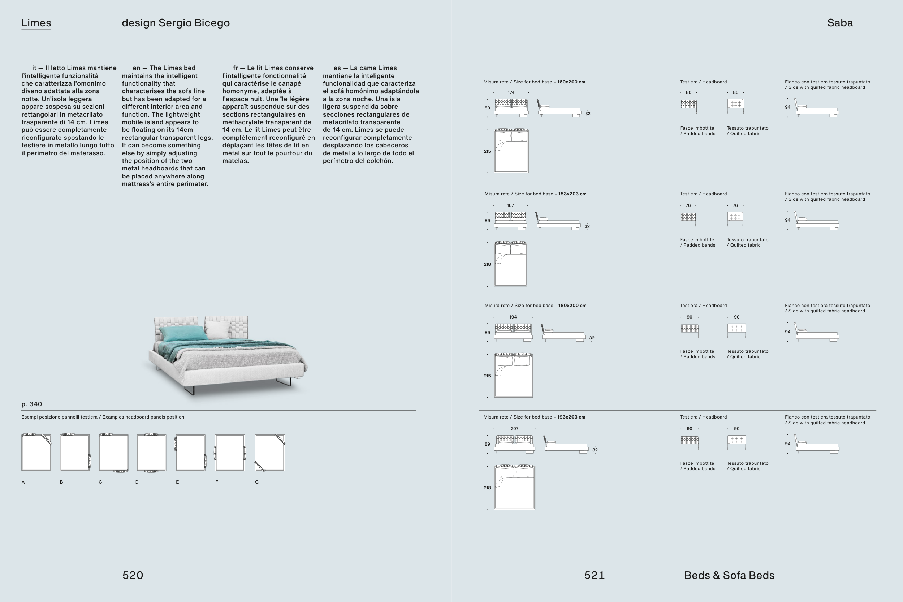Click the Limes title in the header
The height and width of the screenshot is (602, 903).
36,23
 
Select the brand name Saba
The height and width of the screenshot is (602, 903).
840,23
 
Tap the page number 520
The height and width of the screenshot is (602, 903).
133,575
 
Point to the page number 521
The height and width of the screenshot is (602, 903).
594,575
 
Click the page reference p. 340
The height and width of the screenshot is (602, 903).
31,404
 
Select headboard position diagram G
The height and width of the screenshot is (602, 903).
270,452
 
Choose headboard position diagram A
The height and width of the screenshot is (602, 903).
36,452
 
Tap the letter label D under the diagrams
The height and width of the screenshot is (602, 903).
137,482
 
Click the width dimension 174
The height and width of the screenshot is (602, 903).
511,92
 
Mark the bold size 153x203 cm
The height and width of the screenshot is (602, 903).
572,194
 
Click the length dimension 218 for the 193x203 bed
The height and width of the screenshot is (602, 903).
487,488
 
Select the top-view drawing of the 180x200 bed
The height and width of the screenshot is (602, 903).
513,375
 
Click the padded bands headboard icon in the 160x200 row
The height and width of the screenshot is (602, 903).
688,105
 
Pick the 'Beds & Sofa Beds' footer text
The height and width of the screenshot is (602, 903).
729,575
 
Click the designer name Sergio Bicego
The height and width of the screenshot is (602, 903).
194,23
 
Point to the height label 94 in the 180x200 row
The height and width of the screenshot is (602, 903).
787,332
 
